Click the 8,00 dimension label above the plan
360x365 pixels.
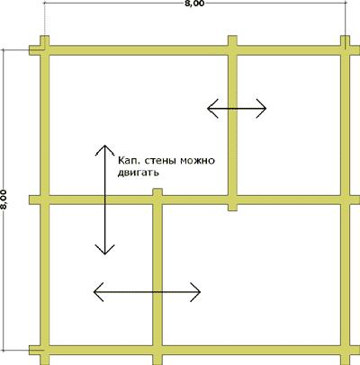tap(195, 4)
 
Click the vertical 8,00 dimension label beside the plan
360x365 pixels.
tap(4, 200)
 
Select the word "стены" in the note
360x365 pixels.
tap(160, 161)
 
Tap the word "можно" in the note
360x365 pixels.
tap(197, 161)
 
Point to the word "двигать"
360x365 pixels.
tap(138, 173)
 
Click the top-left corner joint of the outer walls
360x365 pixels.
tap(45, 50)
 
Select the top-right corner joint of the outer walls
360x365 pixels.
tap(346, 50)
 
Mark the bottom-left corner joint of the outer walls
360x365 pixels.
tap(45, 350)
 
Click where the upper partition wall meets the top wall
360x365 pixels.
tap(232, 50)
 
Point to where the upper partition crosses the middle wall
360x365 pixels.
tap(232, 200)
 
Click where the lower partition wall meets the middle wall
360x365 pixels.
tap(157, 200)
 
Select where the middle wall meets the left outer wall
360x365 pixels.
tap(45, 200)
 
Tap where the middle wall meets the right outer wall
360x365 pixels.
tap(346, 200)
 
